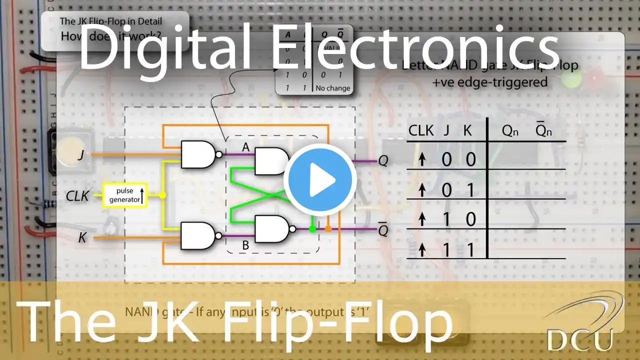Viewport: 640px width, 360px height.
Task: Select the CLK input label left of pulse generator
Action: (x=77, y=196)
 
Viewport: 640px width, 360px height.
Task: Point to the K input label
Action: (x=82, y=237)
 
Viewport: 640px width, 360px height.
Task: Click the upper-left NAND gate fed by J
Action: (x=199, y=154)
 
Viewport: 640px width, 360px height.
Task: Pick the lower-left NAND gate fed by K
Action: (x=199, y=236)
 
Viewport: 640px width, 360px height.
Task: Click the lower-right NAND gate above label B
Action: (x=273, y=229)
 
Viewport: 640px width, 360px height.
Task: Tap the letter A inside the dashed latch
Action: (x=245, y=147)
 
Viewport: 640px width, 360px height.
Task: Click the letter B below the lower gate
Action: (x=245, y=245)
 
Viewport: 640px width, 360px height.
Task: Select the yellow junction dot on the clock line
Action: (x=162, y=195)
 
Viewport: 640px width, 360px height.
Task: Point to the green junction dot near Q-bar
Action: (x=312, y=229)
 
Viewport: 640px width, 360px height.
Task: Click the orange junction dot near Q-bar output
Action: (x=328, y=229)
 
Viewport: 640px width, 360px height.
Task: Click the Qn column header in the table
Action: (x=511, y=131)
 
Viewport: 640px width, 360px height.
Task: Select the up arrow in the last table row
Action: (x=422, y=249)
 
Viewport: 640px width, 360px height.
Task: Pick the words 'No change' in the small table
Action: (x=333, y=88)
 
